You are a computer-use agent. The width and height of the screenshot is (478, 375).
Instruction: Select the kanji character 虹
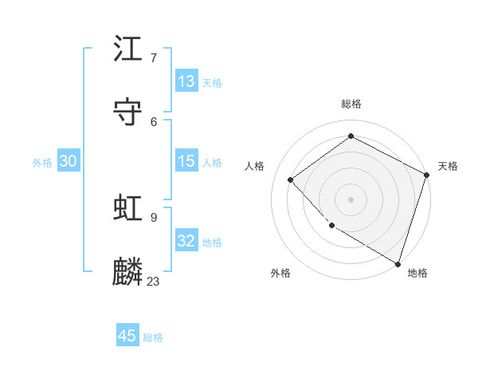click(128, 208)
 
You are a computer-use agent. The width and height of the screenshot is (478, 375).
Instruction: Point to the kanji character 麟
click(128, 272)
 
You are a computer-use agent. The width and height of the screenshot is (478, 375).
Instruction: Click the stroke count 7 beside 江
click(154, 57)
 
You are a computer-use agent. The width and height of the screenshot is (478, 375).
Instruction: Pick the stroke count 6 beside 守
click(154, 121)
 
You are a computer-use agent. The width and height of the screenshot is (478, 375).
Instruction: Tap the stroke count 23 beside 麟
click(154, 281)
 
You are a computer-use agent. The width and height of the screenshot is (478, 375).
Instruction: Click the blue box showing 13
click(186, 81)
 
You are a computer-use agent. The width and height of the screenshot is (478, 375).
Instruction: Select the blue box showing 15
click(186, 161)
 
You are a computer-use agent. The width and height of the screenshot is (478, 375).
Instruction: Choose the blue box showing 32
click(186, 240)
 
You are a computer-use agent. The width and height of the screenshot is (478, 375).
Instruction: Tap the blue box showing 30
click(69, 161)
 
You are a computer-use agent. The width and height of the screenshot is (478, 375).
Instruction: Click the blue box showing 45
click(127, 336)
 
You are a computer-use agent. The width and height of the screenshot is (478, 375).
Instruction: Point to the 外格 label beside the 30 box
click(42, 162)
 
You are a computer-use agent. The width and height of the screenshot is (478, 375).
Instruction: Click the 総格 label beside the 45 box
click(153, 337)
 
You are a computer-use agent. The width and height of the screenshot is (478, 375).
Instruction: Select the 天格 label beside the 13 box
click(212, 82)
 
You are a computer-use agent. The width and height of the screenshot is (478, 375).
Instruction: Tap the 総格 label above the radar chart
click(351, 104)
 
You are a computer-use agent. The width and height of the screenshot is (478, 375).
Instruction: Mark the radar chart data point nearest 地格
click(398, 262)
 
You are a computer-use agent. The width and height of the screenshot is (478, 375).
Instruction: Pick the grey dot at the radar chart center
click(351, 199)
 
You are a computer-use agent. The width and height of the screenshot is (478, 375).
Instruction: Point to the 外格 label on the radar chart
click(280, 273)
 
